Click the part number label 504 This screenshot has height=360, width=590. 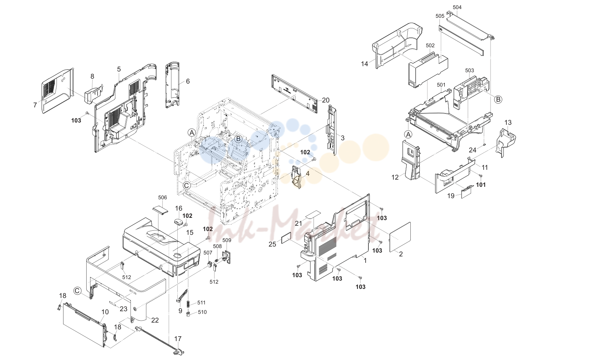457,7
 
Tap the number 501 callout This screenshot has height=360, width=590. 441,85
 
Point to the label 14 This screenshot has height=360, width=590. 364,64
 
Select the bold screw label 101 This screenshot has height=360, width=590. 481,185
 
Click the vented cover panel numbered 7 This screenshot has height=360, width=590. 58,91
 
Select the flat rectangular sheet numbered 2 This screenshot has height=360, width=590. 400,237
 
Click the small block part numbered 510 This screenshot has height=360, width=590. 188,314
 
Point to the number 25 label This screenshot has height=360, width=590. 272,244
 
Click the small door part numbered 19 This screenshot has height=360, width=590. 467,192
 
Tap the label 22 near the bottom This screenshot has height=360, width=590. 155,320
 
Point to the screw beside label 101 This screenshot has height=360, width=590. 480,175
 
